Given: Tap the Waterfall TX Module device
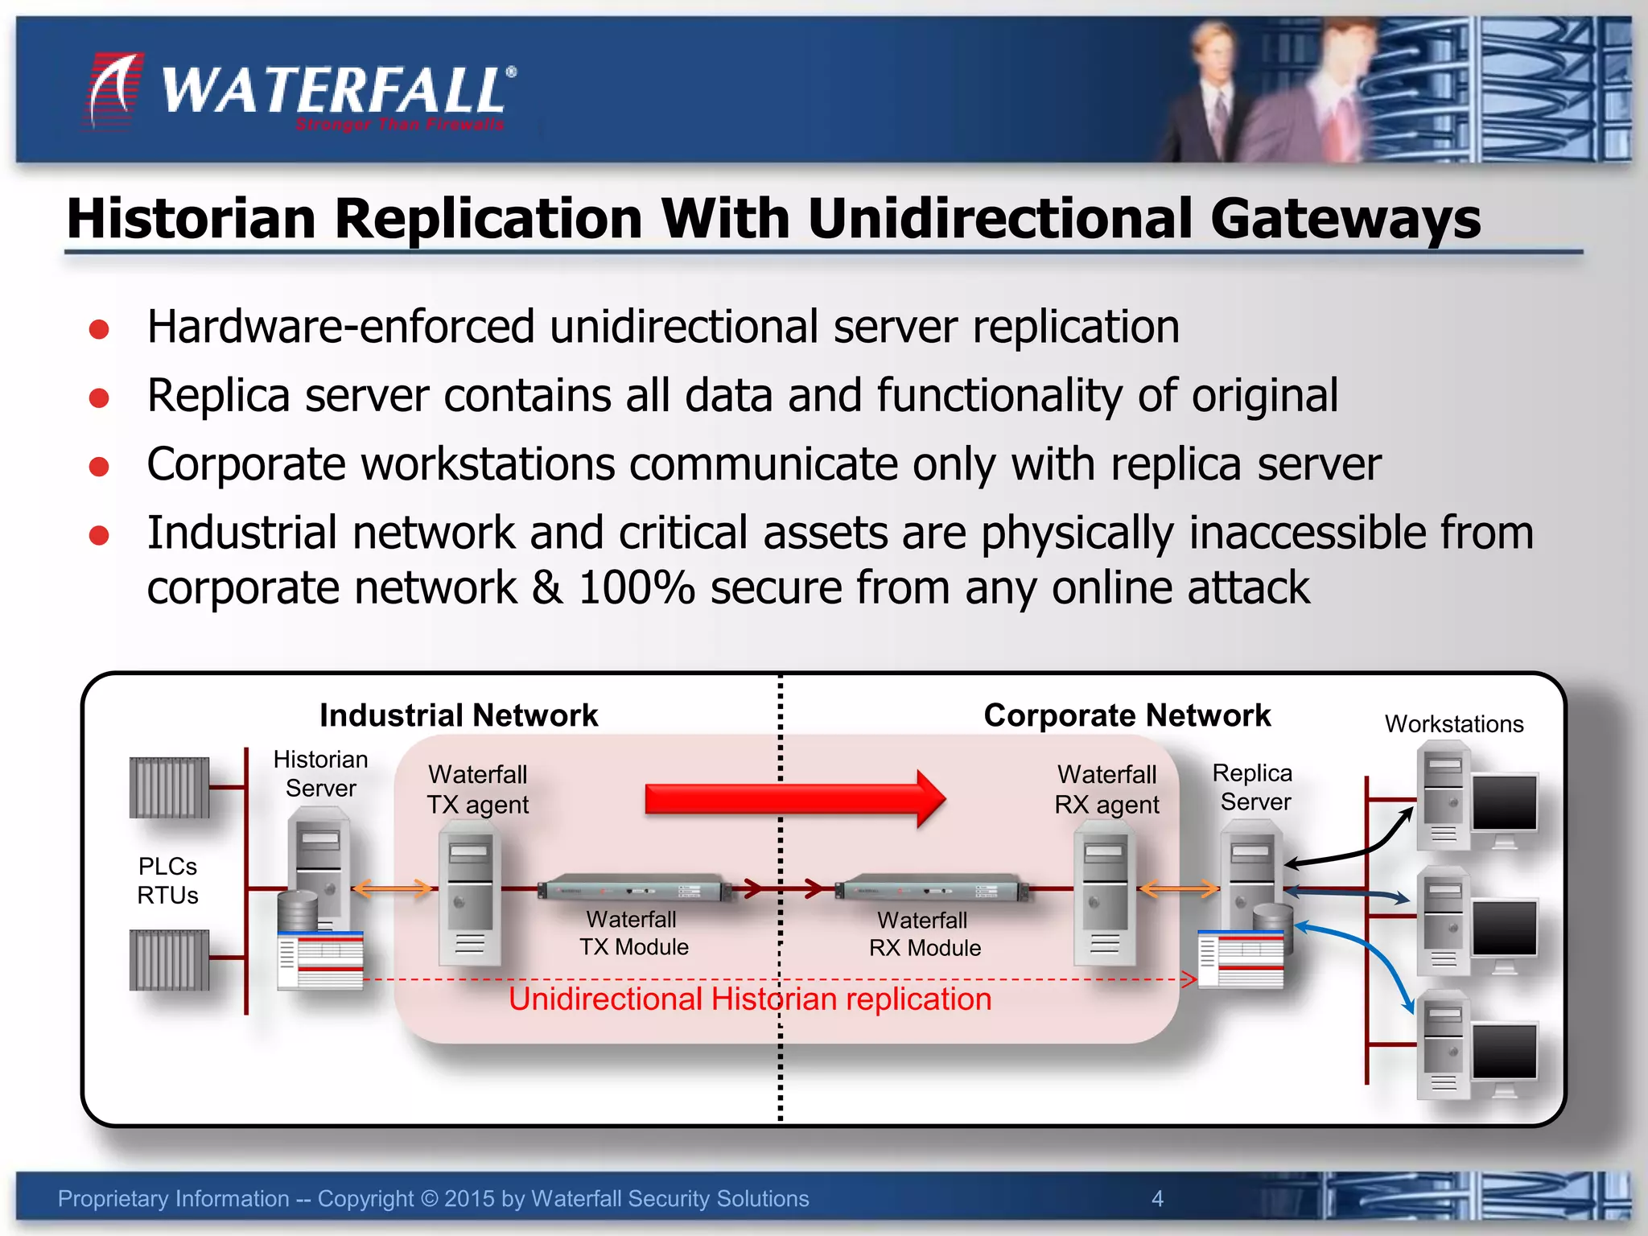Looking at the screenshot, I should click(635, 889).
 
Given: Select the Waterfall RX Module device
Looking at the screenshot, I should click(932, 889).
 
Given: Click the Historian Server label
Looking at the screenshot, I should click(320, 773).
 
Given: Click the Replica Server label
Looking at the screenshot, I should click(1254, 787).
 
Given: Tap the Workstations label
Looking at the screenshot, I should click(1453, 723).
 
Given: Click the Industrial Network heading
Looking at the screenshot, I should click(459, 715).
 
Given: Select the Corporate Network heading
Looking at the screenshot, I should click(1127, 715).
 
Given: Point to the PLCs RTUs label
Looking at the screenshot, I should click(167, 880).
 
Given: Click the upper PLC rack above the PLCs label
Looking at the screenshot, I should click(169, 787).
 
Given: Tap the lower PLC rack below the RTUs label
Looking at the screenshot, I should click(169, 959).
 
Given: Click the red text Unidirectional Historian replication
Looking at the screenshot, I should click(749, 999).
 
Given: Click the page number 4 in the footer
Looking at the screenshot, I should click(1157, 1198).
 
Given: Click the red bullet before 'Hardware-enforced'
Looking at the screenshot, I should click(99, 329).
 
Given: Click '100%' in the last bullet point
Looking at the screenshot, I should click(636, 587).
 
